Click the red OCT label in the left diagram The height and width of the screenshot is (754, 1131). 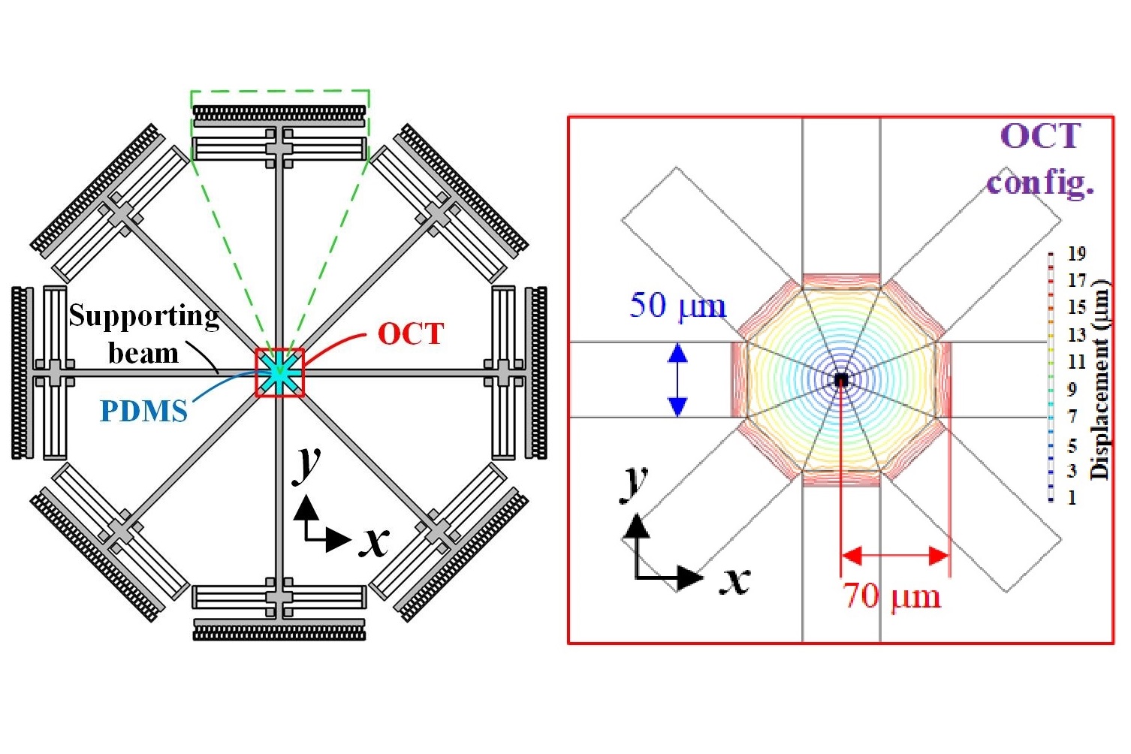point(410,333)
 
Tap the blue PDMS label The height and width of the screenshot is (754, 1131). point(143,411)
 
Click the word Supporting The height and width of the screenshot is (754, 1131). point(144,315)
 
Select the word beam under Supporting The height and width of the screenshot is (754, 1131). point(143,352)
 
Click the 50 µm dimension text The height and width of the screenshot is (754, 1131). point(677,306)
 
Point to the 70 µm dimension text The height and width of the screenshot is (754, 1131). point(891,596)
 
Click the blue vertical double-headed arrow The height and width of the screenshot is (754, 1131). point(677,379)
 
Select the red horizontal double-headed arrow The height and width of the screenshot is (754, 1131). point(895,556)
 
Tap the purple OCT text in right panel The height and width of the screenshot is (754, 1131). point(1040,137)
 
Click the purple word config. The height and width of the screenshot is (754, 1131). point(1040,182)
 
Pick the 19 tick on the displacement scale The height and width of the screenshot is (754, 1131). point(1077,254)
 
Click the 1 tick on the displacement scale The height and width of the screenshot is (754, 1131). point(1072,497)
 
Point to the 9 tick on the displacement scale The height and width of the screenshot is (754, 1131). point(1072,389)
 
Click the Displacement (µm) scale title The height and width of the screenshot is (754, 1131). point(1099,379)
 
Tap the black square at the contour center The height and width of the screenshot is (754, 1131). point(841,380)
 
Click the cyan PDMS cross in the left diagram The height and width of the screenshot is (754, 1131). point(279,372)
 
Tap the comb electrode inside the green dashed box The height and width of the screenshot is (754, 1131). point(279,114)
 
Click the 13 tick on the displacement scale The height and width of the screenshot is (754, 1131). point(1077,335)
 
